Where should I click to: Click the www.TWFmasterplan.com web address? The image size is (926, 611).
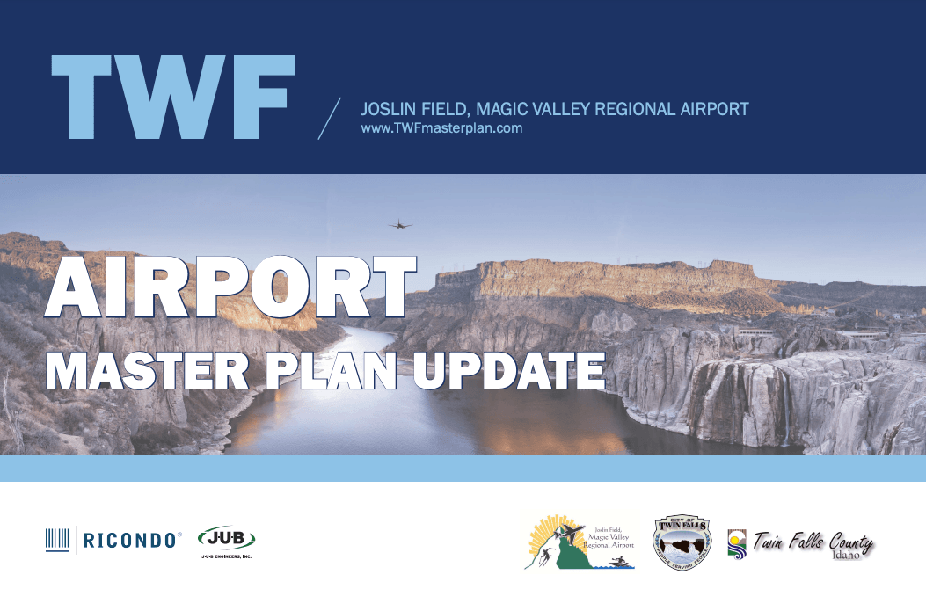[441, 128]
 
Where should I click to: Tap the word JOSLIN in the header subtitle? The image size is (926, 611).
[389, 110]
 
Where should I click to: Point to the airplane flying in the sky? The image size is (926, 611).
[400, 225]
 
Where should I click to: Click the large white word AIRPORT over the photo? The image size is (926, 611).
[230, 288]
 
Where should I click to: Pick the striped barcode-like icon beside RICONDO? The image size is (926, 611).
[57, 540]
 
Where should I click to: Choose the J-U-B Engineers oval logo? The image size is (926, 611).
[226, 537]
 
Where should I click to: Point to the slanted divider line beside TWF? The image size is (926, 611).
[328, 117]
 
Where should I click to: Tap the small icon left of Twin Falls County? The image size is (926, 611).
[736, 543]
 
